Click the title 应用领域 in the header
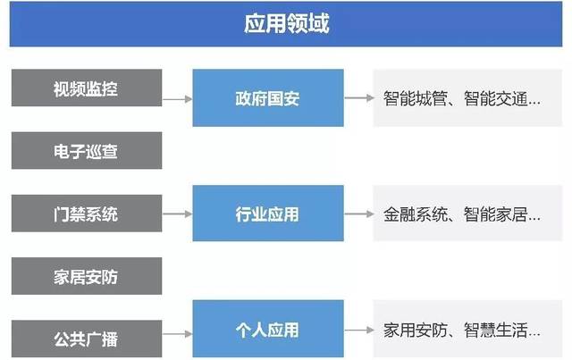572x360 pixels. [x=286, y=24]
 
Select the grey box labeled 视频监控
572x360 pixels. [x=87, y=88]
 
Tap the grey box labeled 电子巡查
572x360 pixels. [x=87, y=151]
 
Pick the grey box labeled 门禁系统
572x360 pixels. [x=87, y=213]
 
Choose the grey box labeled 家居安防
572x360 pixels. [x=87, y=276]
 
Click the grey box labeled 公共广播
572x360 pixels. [x=87, y=339]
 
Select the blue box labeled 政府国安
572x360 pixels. [x=268, y=97]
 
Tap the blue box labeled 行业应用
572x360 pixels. [x=268, y=213]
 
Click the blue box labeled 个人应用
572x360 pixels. [x=268, y=329]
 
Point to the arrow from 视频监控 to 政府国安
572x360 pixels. [x=177, y=99]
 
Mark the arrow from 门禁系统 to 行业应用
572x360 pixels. [x=177, y=213]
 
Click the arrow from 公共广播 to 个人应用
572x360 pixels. [x=177, y=334]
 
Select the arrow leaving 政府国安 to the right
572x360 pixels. [x=359, y=97]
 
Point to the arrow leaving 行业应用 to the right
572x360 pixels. [x=359, y=213]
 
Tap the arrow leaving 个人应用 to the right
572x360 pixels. [x=359, y=331]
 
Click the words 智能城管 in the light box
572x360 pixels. [x=415, y=98]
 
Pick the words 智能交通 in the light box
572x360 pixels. [x=496, y=98]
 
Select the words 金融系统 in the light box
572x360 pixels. [x=415, y=214]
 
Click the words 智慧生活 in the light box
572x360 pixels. [x=496, y=331]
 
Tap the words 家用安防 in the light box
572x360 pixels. [x=415, y=331]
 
